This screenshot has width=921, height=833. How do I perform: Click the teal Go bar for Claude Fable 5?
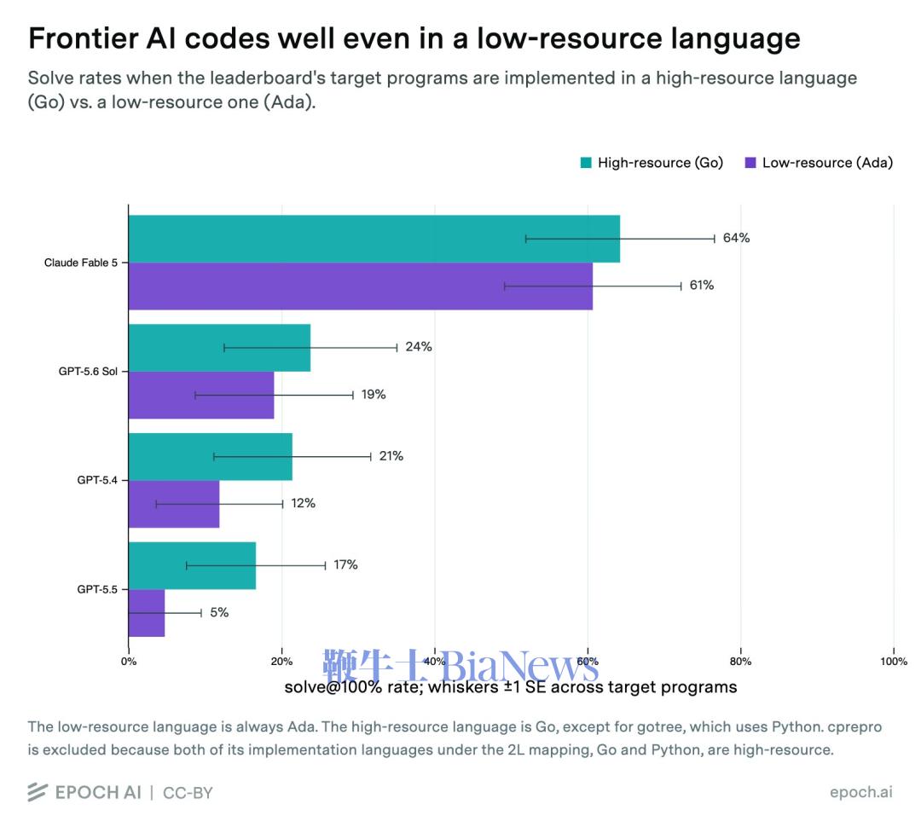374,239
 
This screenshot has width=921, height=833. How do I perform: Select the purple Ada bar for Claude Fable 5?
361,286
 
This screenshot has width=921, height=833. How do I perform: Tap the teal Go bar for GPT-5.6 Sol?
220,348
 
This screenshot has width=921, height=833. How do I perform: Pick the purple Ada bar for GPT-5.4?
174,504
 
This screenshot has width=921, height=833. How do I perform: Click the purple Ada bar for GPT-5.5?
147,613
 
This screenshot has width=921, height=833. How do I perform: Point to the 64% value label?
737,238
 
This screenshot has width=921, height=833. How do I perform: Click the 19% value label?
374,394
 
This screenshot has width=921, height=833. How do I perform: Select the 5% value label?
219,612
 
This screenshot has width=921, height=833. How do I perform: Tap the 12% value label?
303,503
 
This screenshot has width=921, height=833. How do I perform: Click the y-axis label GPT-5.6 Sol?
88,371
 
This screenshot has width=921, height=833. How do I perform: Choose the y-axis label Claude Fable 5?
81,263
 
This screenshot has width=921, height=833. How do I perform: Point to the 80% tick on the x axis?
741,662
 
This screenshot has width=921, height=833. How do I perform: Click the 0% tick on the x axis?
129,662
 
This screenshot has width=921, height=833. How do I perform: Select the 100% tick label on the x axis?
894,662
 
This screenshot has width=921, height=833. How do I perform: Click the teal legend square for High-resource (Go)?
586,163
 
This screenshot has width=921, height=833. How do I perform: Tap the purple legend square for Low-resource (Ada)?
750,163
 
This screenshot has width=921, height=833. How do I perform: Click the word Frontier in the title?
82,38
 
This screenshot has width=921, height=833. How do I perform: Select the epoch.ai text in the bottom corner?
861,792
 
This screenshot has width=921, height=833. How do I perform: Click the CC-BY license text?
188,793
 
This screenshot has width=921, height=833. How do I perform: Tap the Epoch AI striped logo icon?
37,792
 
